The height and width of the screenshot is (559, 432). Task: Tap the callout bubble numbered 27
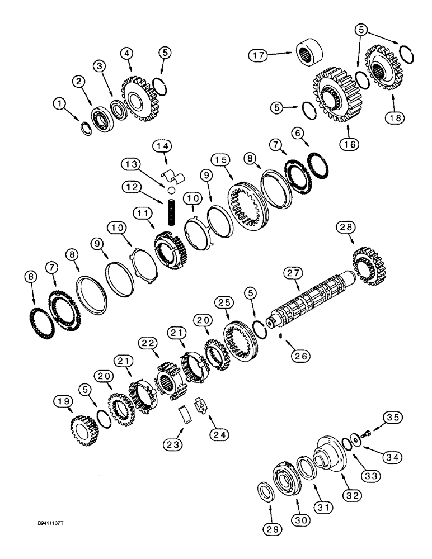tap(294, 274)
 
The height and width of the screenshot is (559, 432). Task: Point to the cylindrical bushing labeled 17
tap(309, 57)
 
